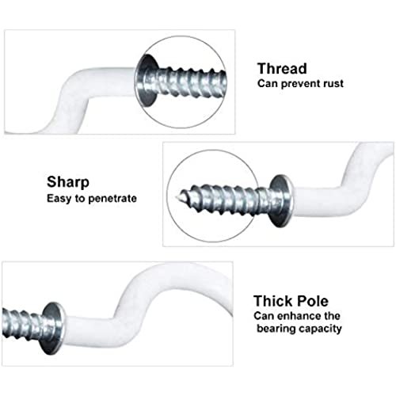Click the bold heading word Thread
(282, 69)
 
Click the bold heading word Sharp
(68, 182)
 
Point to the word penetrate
(112, 199)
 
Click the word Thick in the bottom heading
(272, 301)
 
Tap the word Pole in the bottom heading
(312, 301)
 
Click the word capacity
(321, 329)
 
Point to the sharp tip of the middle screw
(176, 196)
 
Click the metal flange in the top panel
(146, 81)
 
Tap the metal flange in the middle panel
(282, 200)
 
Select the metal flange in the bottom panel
(54, 328)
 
